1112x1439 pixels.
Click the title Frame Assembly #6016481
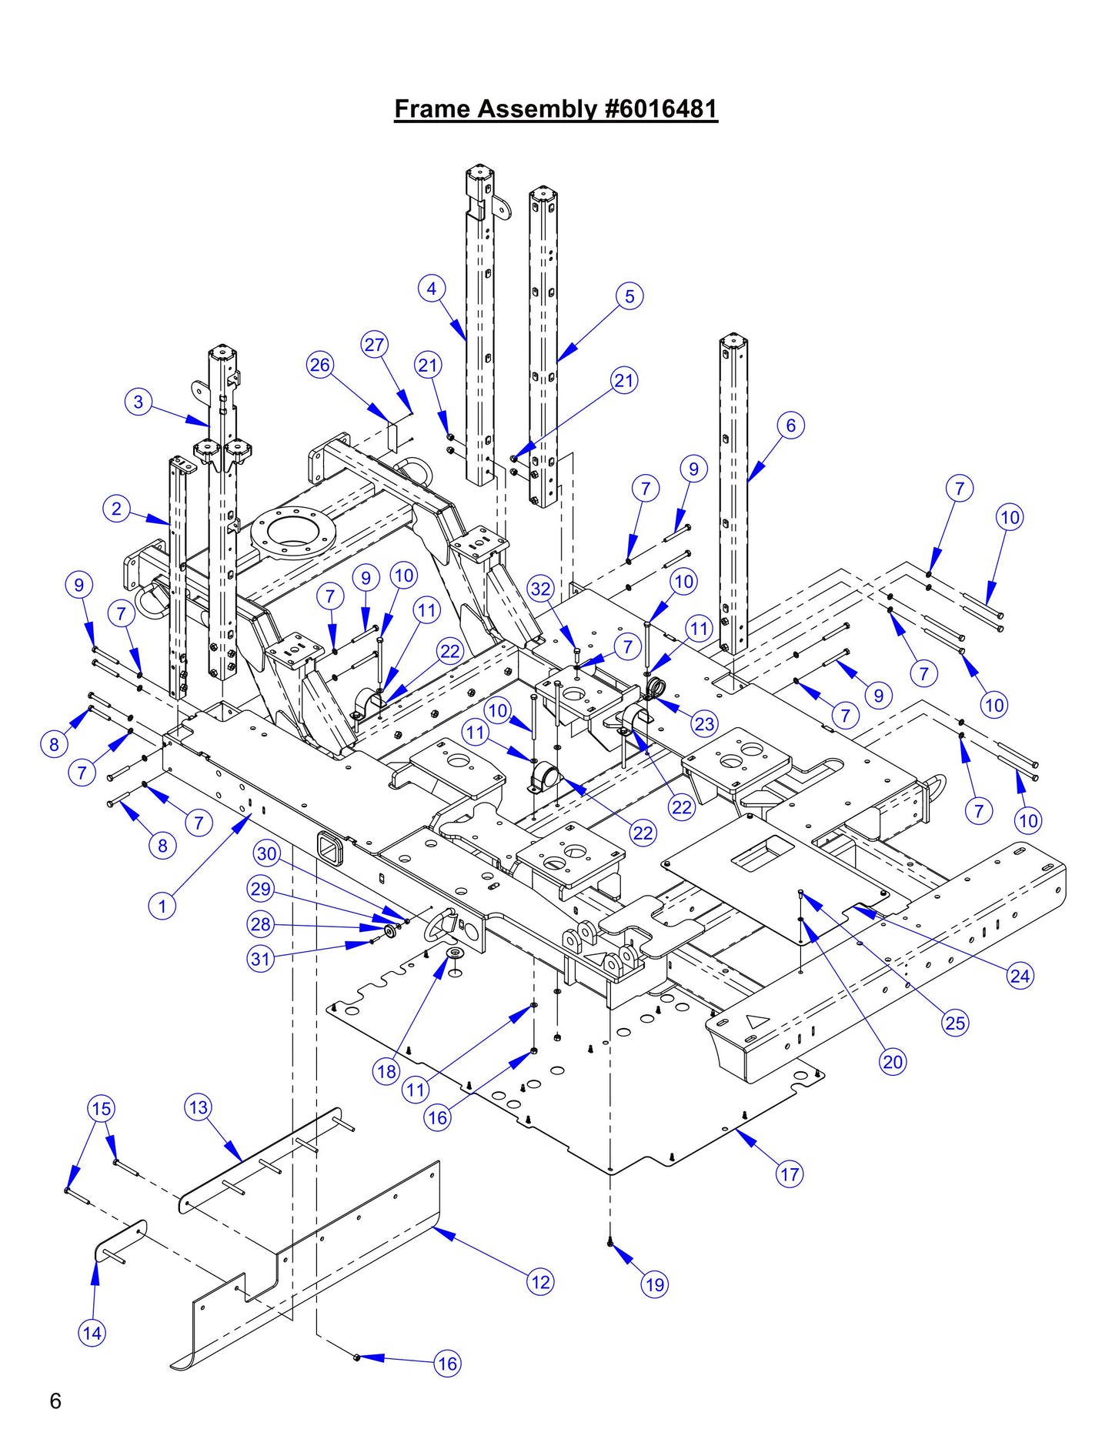pos(556,109)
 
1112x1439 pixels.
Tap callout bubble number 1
pos(162,906)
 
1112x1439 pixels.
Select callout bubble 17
pos(790,1174)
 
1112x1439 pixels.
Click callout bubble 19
pos(655,1284)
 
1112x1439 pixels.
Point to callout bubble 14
pos(92,1333)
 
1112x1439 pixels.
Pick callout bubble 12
pos(540,1282)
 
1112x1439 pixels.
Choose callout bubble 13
pos(198,1107)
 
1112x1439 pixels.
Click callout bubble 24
pos(1020,977)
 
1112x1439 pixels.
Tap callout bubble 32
pos(541,589)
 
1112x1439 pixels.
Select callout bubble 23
pos(704,723)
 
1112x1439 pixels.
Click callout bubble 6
pos(790,425)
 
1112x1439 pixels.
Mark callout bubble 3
pos(139,402)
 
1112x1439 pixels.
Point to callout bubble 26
pos(320,364)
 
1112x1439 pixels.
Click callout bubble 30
pos(267,853)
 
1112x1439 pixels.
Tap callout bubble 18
pos(386,1071)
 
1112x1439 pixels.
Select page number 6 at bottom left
pos(55,1401)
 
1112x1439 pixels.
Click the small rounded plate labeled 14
pos(120,1240)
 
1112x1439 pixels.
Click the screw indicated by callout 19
pos(609,1240)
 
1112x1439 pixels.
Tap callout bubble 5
pos(629,295)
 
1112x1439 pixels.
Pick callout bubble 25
pos(955,1023)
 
